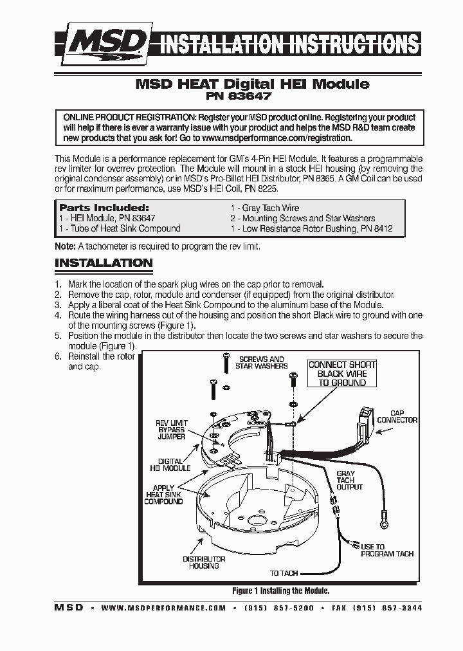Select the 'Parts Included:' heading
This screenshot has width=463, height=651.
point(104,208)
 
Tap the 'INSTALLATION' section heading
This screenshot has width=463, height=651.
point(104,263)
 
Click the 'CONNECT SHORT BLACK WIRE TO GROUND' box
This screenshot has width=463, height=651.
point(342,374)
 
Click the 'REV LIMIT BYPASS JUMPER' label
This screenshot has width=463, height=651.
point(171,430)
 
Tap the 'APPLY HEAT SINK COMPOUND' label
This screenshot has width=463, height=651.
point(163,494)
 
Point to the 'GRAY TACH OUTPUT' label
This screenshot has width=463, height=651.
point(349,480)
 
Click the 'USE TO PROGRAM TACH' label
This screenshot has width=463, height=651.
point(386,551)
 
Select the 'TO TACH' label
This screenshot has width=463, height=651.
point(284,573)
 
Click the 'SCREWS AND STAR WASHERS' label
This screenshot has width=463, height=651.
point(261,363)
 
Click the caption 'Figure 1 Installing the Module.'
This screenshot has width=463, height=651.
point(280,591)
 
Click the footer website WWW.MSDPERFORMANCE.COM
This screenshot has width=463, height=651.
point(163,608)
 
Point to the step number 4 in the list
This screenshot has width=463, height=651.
point(58,315)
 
